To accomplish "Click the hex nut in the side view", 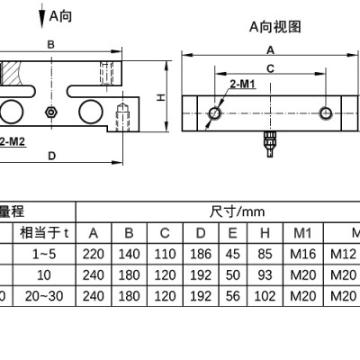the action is click(51, 112).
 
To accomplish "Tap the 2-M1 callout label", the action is click(242, 85).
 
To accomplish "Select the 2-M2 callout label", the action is click(13, 141).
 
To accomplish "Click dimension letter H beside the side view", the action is click(161, 97).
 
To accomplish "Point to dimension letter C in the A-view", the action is click(271, 69).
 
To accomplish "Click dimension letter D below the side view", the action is click(52, 156).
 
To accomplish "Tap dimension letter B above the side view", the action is click(51, 45).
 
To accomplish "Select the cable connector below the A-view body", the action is click(270, 144).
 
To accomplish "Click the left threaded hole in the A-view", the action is click(214, 113).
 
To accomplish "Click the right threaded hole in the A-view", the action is click(326, 113).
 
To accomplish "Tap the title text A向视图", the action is click(275, 27).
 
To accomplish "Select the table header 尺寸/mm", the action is click(237, 211).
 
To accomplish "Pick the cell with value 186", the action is click(201, 254).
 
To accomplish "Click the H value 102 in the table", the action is click(265, 296).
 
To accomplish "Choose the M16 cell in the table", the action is click(303, 254).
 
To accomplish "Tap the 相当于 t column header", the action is click(44, 233).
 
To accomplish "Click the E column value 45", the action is click(232, 254).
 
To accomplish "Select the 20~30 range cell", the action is click(44, 296).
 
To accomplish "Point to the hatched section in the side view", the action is click(11, 73).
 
